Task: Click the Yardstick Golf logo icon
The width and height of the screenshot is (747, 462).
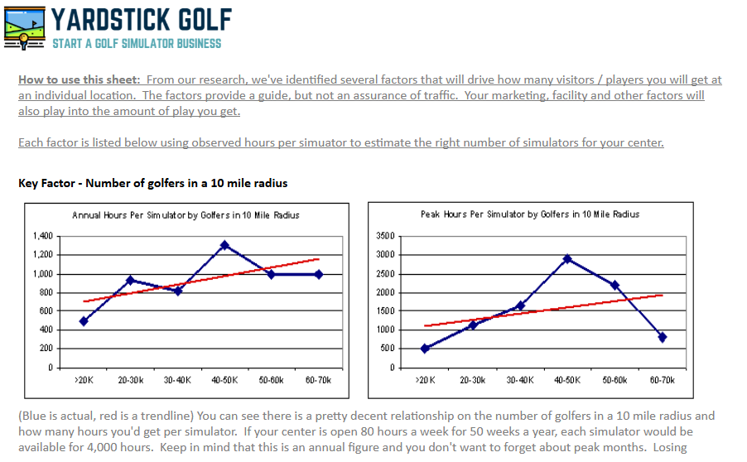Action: (25, 27)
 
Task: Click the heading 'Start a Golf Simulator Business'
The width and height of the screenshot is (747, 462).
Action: (137, 43)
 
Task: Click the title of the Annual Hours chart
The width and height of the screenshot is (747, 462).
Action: (186, 215)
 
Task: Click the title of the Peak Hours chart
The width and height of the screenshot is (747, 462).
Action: (530, 214)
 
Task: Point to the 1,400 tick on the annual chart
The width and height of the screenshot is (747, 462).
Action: (41, 236)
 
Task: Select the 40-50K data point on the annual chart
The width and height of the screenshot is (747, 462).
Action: (224, 245)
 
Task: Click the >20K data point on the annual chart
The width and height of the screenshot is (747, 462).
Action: (84, 321)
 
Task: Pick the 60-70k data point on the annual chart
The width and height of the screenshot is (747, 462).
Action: (319, 274)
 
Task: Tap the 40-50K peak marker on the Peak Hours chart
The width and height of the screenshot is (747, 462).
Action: (567, 259)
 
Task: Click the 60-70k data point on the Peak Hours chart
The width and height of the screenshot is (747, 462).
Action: (662, 337)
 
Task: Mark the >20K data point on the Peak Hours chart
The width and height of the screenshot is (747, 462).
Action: (425, 349)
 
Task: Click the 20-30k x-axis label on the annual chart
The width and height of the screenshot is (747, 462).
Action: (130, 379)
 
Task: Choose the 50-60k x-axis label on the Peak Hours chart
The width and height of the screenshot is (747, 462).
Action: (614, 379)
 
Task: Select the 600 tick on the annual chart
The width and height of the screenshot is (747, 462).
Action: (45, 311)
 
